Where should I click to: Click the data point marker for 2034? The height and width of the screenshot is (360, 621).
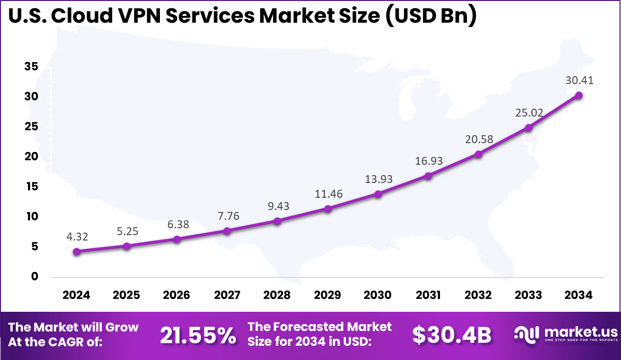(579, 95)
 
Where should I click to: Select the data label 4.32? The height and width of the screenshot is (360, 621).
(77, 237)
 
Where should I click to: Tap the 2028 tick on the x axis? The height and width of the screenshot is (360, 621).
(277, 295)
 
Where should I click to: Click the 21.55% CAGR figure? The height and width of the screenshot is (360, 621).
(198, 335)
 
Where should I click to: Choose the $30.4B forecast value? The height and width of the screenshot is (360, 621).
(452, 335)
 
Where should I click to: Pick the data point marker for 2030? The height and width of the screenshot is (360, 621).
(378, 194)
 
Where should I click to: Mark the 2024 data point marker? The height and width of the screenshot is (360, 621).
(77, 252)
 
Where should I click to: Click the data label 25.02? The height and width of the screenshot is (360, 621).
(529, 113)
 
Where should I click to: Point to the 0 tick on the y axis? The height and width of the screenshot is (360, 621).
(34, 276)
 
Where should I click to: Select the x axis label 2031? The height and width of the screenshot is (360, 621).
(428, 295)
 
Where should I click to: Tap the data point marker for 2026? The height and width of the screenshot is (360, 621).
(177, 239)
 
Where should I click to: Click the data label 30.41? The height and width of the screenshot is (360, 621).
(579, 81)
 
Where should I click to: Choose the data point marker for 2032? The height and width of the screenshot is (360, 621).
(478, 154)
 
